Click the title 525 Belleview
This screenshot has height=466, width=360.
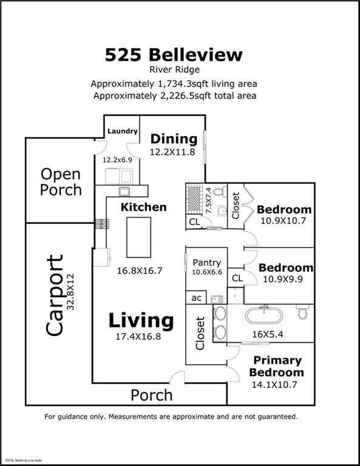point(174,55)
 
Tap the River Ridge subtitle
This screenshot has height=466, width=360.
point(174,70)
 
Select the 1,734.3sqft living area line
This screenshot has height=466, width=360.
point(174,84)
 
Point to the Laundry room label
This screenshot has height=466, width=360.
point(122,131)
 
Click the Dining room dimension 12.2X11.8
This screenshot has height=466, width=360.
point(172,152)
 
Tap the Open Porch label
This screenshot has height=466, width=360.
point(61,181)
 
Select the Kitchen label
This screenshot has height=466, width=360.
point(143,207)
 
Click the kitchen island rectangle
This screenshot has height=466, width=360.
point(137,237)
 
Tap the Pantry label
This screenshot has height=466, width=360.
point(206,263)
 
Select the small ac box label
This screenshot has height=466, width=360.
point(196,298)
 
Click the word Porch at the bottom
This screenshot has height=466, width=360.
point(152,395)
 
